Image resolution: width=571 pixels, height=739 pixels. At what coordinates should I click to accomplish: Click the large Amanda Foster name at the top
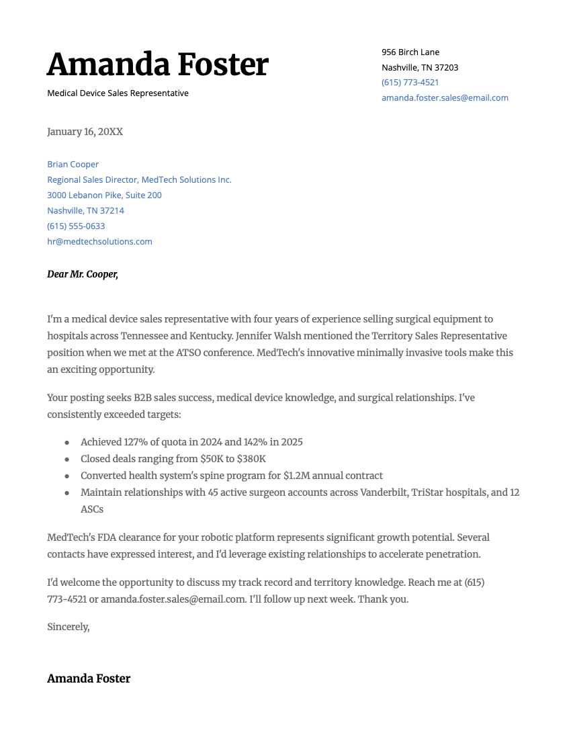pyautogui.click(x=157, y=64)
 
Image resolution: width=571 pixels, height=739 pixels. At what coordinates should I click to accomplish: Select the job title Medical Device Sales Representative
pyautogui.click(x=118, y=93)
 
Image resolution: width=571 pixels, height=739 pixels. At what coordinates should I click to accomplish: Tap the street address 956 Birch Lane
pyautogui.click(x=410, y=52)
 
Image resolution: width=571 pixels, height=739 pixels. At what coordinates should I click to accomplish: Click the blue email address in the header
pyautogui.click(x=445, y=97)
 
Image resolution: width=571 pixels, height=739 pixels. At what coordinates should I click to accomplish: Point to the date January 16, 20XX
pyautogui.click(x=85, y=132)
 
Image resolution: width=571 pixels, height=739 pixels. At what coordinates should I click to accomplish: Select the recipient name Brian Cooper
pyautogui.click(x=73, y=164)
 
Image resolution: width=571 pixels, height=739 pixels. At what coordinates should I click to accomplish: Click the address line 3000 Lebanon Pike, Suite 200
pyautogui.click(x=104, y=195)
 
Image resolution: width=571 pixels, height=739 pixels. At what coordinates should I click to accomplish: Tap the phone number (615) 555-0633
pyautogui.click(x=76, y=226)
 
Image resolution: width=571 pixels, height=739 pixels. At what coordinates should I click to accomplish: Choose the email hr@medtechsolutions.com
pyautogui.click(x=99, y=241)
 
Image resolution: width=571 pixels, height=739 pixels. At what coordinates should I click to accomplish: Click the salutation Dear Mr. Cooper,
pyautogui.click(x=83, y=274)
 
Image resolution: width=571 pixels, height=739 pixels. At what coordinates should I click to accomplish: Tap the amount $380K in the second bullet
pyautogui.click(x=251, y=459)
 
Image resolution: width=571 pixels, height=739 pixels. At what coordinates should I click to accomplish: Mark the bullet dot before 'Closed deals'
pyautogui.click(x=67, y=459)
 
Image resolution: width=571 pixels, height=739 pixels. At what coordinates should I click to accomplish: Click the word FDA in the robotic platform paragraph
pyautogui.click(x=99, y=537)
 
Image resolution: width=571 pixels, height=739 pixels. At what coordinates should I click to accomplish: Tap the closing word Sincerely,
pyautogui.click(x=68, y=627)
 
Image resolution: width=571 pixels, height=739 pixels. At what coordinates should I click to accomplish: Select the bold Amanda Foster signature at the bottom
pyautogui.click(x=89, y=679)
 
